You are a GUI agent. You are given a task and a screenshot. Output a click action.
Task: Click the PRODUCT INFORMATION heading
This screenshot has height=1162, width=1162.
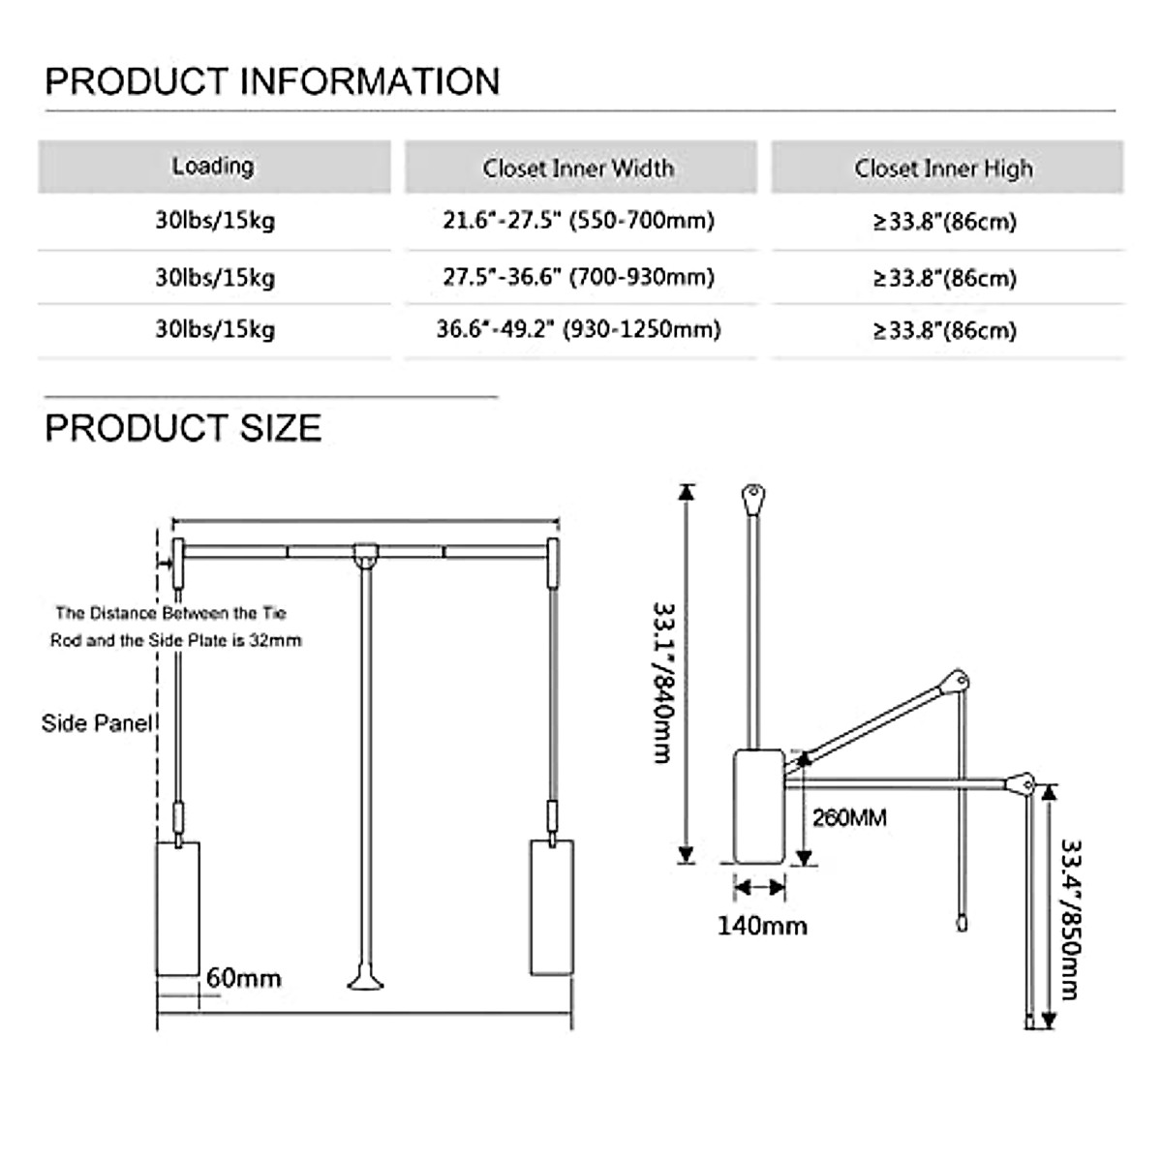272,81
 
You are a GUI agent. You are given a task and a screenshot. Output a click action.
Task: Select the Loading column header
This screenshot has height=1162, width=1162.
213,167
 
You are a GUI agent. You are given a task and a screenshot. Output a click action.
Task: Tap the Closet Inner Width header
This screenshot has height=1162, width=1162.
578,168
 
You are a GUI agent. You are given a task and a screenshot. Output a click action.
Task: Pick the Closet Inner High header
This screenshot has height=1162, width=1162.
943,168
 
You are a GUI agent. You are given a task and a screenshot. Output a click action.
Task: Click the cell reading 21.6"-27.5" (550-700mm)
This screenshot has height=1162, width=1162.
578,221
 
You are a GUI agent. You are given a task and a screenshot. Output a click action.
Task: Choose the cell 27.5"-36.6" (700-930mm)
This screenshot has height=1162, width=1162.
578,278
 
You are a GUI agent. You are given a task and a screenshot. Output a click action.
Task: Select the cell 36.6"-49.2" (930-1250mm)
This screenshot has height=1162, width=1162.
578,330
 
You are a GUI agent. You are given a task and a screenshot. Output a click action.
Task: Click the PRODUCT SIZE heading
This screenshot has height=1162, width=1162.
183,428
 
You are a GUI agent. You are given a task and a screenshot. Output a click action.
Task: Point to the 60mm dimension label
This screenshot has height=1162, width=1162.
243,978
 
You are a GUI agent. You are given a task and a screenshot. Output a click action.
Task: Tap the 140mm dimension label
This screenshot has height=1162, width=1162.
762,926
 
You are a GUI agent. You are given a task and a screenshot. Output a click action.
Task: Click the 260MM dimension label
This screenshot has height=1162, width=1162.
849,818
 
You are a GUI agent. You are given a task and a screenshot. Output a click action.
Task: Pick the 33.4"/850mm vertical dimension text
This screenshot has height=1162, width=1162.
1069,918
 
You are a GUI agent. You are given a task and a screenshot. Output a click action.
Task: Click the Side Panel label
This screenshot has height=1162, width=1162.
97,723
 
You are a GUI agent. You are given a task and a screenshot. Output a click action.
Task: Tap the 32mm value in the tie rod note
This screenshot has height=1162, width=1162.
283,640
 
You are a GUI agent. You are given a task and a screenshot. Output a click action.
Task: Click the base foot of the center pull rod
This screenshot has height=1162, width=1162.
365,982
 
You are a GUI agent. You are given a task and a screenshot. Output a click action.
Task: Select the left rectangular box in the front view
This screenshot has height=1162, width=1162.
178,907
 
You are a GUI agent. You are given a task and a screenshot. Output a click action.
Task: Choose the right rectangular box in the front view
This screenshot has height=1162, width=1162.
552,906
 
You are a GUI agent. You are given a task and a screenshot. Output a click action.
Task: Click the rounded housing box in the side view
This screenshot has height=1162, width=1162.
759,806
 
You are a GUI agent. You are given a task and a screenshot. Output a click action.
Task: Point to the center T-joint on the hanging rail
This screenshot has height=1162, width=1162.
365,554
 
